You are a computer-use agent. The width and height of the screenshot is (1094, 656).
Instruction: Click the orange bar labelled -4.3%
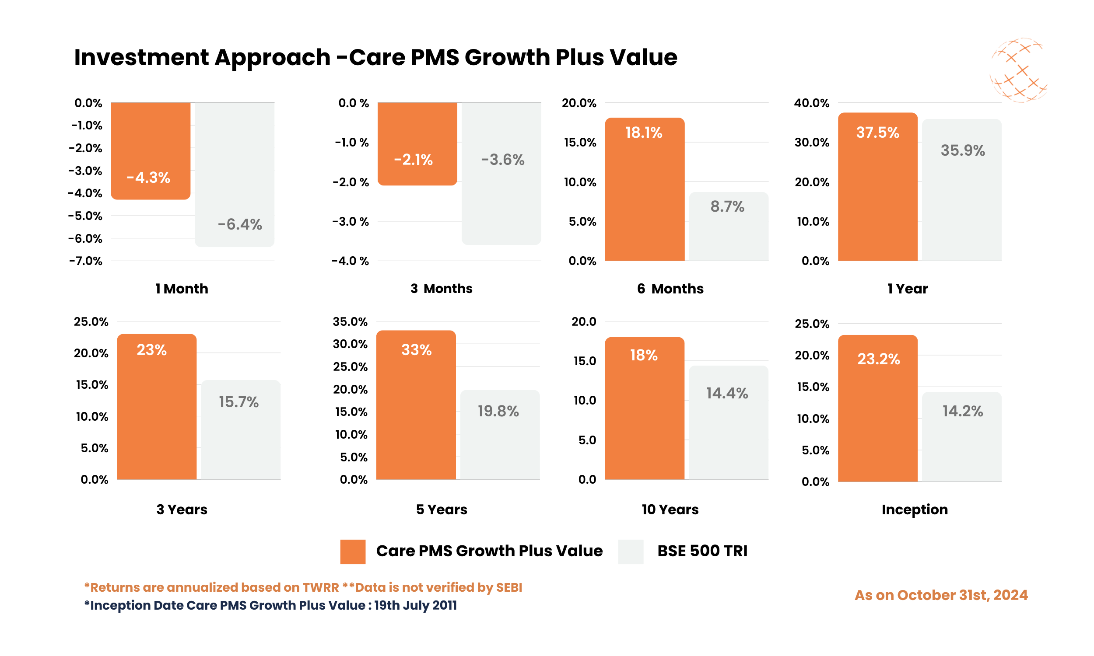pyautogui.click(x=151, y=150)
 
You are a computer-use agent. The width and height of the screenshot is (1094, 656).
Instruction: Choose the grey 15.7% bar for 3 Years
pyautogui.click(x=241, y=429)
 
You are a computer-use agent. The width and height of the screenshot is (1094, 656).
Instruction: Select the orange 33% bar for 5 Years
pyautogui.click(x=416, y=405)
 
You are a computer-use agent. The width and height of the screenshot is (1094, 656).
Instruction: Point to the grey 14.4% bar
pyautogui.click(x=728, y=422)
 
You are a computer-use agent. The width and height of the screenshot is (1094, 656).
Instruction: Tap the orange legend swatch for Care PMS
pyautogui.click(x=352, y=551)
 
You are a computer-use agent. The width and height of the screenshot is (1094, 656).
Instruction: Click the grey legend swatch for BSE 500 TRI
pyautogui.click(x=630, y=551)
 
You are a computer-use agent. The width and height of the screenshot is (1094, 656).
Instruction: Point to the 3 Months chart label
pyautogui.click(x=441, y=289)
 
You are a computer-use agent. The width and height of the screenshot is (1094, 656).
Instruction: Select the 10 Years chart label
pyautogui.click(x=670, y=509)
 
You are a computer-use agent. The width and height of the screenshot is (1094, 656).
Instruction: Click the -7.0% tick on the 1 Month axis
pyautogui.click(x=86, y=261)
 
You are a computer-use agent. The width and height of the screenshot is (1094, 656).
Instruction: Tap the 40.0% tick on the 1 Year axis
pyautogui.click(x=811, y=103)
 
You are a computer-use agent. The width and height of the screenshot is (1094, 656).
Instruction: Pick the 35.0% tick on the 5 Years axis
pyautogui.click(x=350, y=321)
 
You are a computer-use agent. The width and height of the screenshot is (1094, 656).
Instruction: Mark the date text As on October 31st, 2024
pyautogui.click(x=940, y=595)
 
